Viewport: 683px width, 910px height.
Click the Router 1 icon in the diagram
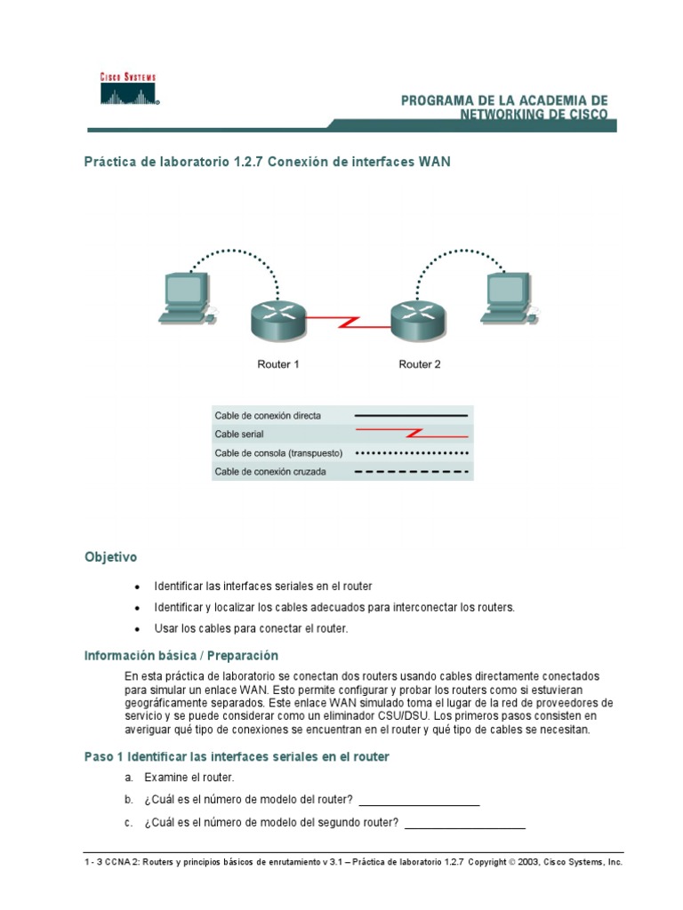(x=276, y=320)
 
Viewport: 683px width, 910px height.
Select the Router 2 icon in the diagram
(x=416, y=320)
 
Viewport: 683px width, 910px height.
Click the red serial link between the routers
(x=347, y=320)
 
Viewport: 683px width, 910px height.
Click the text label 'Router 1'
(x=278, y=364)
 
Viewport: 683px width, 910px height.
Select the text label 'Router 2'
(x=420, y=364)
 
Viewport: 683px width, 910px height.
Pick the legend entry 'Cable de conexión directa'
(x=268, y=415)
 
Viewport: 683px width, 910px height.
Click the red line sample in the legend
(x=411, y=435)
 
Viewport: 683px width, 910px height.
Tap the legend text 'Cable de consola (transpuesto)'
(x=278, y=453)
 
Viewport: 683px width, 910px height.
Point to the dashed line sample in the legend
(x=411, y=472)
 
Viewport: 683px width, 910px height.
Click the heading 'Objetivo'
(x=110, y=557)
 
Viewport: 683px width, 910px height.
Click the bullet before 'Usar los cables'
(x=136, y=629)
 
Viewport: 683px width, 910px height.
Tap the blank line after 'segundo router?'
(x=465, y=824)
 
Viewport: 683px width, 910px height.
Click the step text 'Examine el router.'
(x=189, y=778)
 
